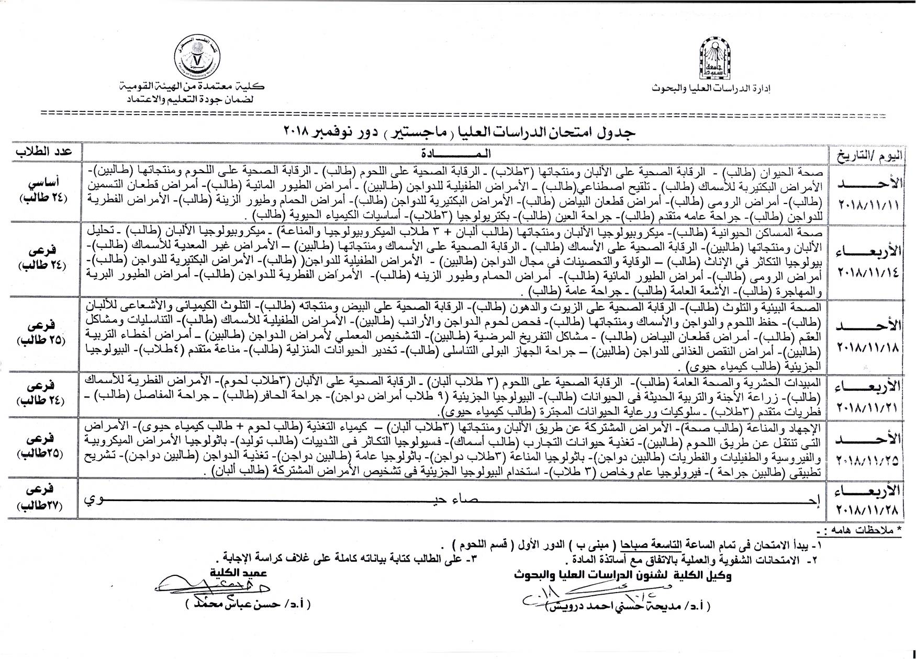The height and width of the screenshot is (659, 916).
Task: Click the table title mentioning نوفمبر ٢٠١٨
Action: pyautogui.click(x=459, y=131)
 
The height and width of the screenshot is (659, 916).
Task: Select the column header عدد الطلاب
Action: pyautogui.click(x=43, y=153)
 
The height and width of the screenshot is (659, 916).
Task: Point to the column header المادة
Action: pyautogui.click(x=455, y=153)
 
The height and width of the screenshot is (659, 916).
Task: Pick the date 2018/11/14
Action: pyautogui.click(x=868, y=272)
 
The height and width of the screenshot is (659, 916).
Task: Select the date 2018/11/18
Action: pyautogui.click(x=868, y=347)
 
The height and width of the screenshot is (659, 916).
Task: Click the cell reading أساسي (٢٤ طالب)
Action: pyautogui.click(x=43, y=190)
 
